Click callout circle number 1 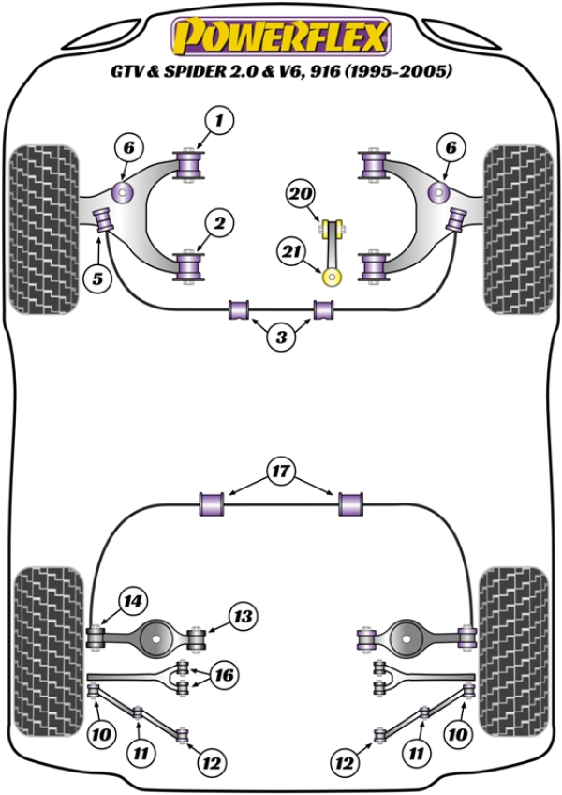point(218,120)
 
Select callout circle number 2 point(218,223)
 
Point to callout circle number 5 point(95,277)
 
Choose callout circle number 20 point(299,195)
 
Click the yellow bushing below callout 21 point(332,277)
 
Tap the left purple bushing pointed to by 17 point(213,503)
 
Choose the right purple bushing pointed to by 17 point(350,503)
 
